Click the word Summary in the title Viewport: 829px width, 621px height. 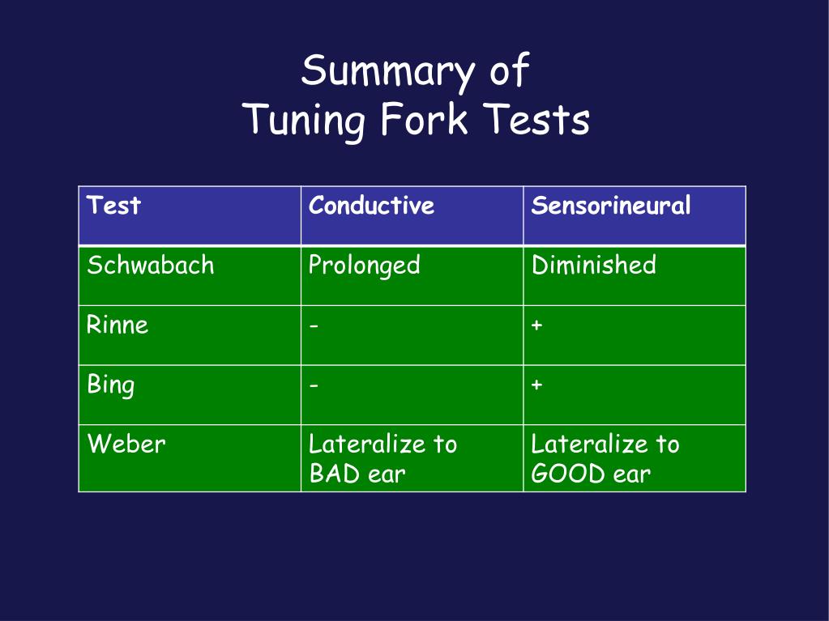point(385,72)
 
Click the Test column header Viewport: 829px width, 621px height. point(113,206)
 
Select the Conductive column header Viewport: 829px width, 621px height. point(371,206)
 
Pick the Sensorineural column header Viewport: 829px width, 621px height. point(610,206)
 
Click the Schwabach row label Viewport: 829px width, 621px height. point(151,266)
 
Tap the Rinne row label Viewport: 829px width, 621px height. point(118,325)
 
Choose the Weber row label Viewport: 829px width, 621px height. point(126,444)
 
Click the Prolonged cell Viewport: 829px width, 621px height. point(365,266)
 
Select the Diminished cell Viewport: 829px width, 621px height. point(593,266)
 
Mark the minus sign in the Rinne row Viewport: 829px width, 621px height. point(314,326)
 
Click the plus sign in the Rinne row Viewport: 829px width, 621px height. point(536,326)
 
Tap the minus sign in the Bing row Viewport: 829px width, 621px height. point(314,385)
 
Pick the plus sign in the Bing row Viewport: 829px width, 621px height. point(536,385)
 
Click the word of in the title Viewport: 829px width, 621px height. point(509,72)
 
